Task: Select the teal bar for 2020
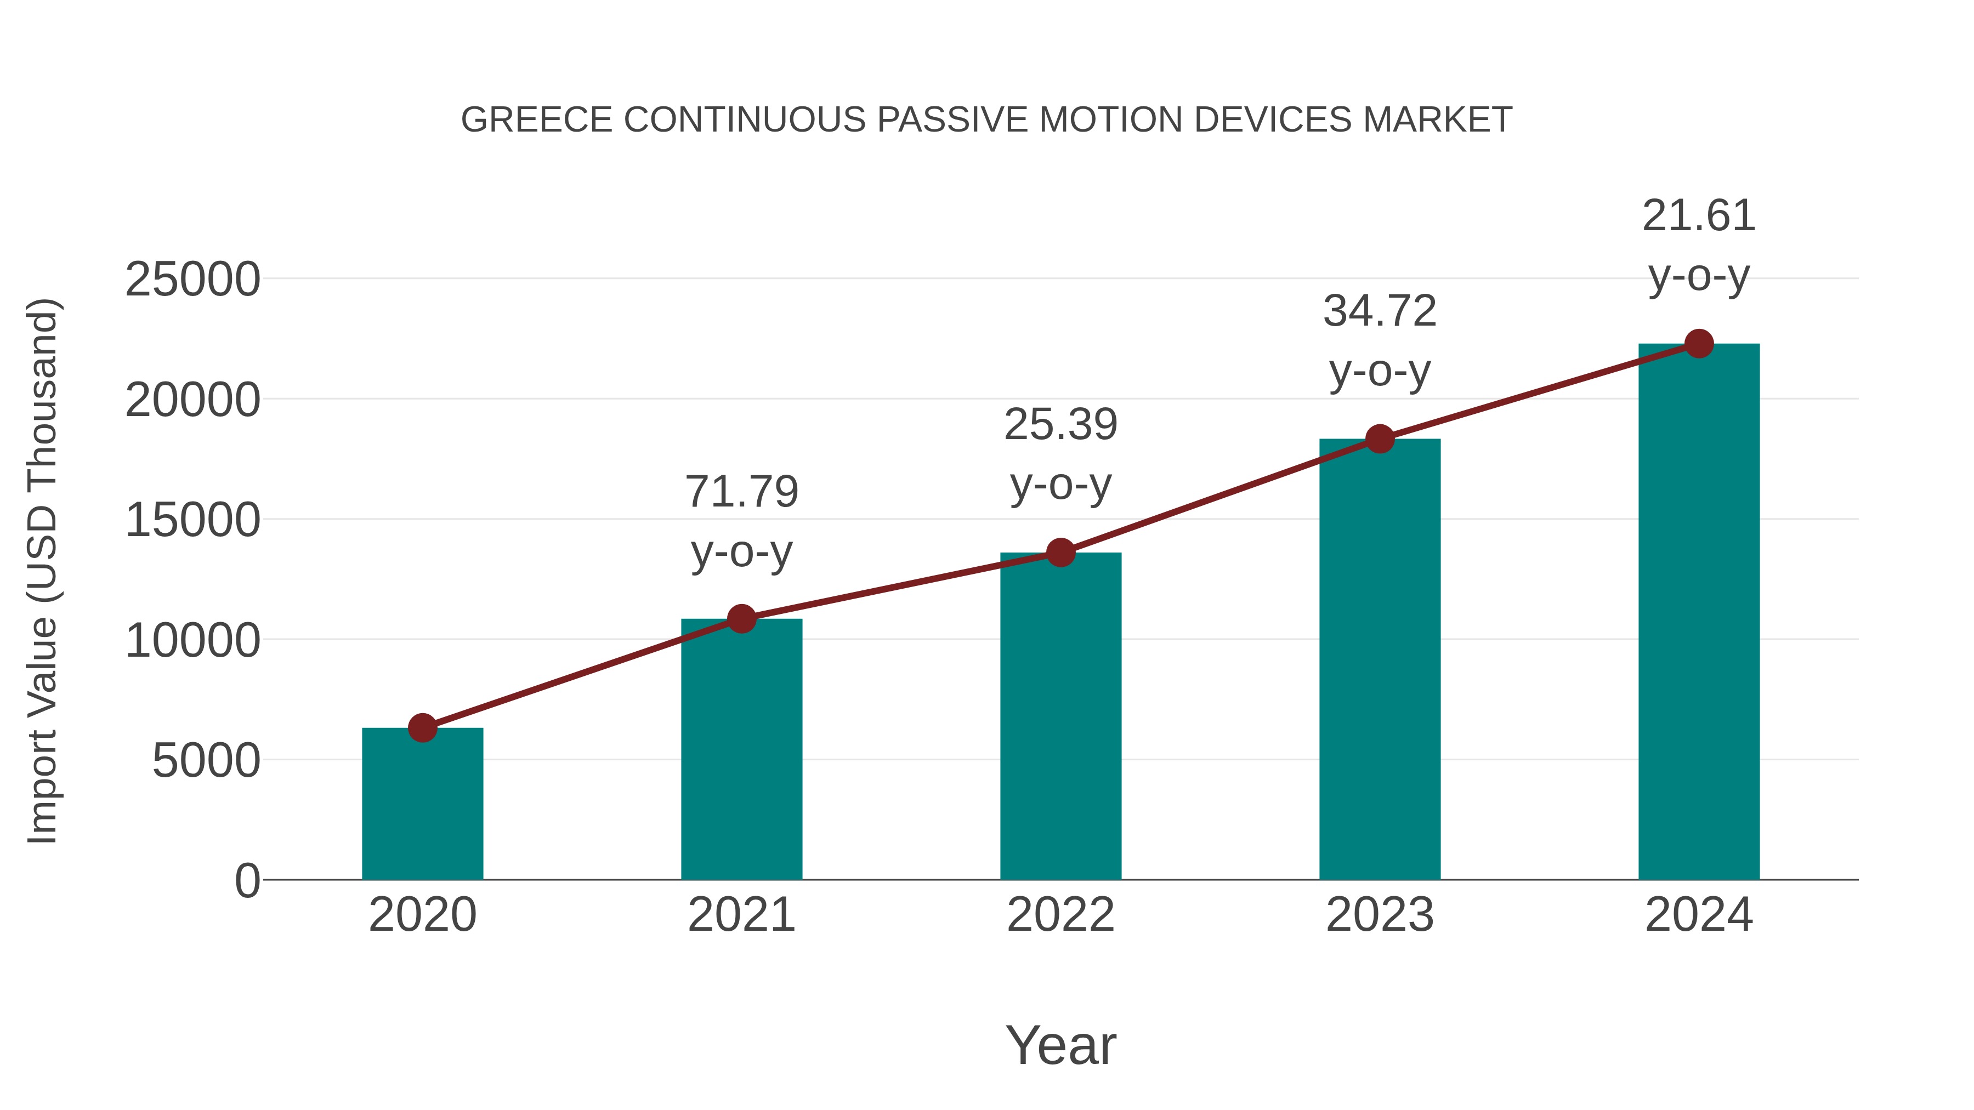click(x=422, y=804)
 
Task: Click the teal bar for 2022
click(x=1060, y=716)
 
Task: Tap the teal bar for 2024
click(x=1699, y=613)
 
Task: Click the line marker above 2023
click(x=1380, y=439)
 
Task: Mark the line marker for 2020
click(x=422, y=728)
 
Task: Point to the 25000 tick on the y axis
click(x=192, y=280)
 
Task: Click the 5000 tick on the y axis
click(x=206, y=761)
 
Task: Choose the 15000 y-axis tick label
click(x=192, y=520)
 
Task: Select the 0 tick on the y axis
click(x=247, y=881)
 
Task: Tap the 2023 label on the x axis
click(x=1380, y=915)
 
